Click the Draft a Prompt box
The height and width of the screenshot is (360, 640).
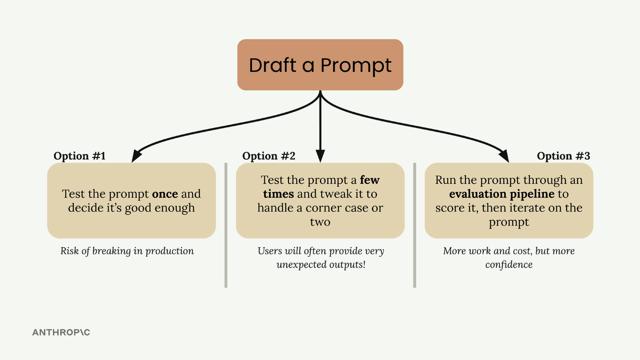point(320,65)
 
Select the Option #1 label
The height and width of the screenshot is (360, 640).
point(80,156)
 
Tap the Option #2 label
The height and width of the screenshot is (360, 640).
point(269,156)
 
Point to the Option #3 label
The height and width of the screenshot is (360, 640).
point(563,156)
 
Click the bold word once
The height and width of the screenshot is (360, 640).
point(165,194)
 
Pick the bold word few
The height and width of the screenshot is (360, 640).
point(370,180)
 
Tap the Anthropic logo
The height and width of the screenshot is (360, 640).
point(61,332)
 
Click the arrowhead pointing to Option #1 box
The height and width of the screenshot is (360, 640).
point(136,156)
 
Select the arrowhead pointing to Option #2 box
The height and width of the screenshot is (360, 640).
point(320,156)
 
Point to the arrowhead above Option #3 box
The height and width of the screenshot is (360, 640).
point(504,156)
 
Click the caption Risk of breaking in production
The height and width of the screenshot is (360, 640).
point(127,251)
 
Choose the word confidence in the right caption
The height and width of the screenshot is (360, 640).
point(509,265)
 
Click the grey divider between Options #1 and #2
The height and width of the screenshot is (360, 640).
point(226,225)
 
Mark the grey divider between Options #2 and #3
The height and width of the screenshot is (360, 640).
point(415,225)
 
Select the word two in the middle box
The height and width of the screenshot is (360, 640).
point(320,222)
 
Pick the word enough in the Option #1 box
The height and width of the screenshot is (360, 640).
point(174,208)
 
